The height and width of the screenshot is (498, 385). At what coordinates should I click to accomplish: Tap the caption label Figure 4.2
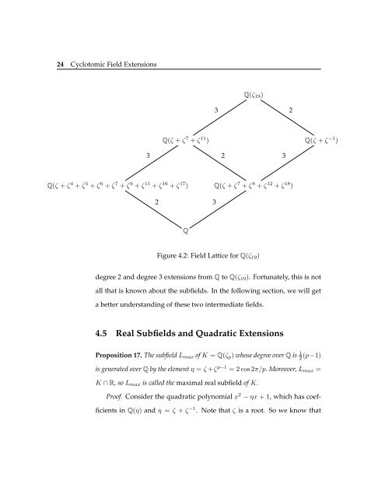point(164,254)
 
